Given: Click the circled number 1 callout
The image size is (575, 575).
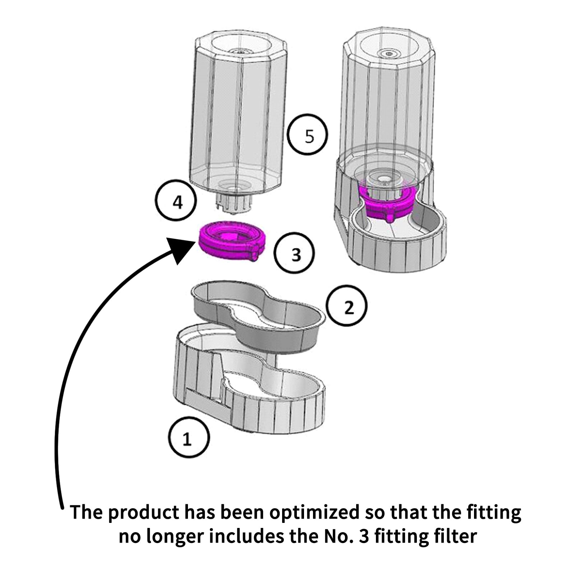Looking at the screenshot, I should click(188, 437).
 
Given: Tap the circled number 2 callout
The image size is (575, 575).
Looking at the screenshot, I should click(347, 306).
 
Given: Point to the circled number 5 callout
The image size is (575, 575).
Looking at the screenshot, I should click(308, 135).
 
